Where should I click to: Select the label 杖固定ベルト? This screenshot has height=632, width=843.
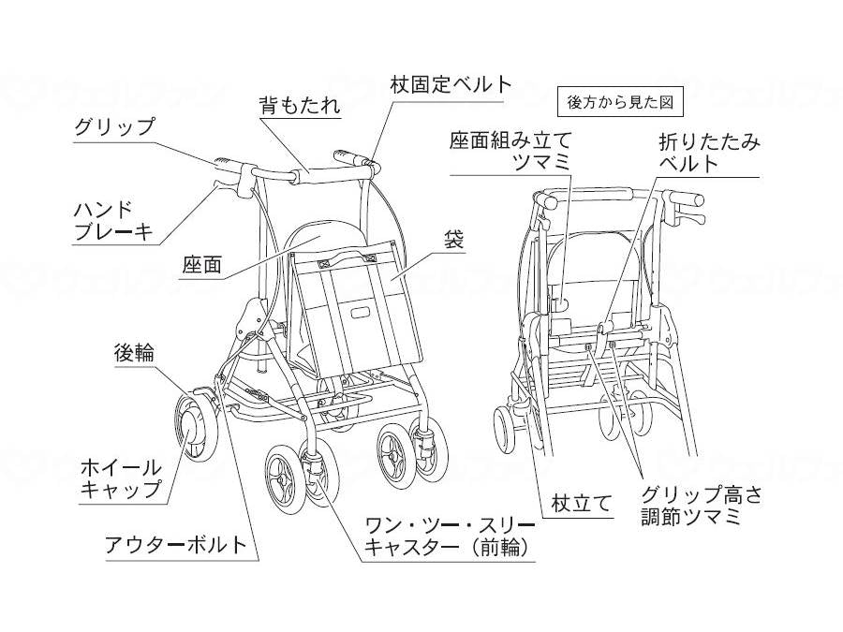(451, 84)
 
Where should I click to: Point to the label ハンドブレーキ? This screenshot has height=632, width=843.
(113, 221)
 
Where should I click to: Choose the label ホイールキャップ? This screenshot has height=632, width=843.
(122, 478)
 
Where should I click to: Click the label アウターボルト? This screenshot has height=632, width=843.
(177, 544)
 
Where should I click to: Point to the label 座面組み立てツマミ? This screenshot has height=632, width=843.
(509, 151)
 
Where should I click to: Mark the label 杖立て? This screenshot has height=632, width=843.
(582, 503)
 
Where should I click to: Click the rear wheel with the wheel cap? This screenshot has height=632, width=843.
(194, 427)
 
